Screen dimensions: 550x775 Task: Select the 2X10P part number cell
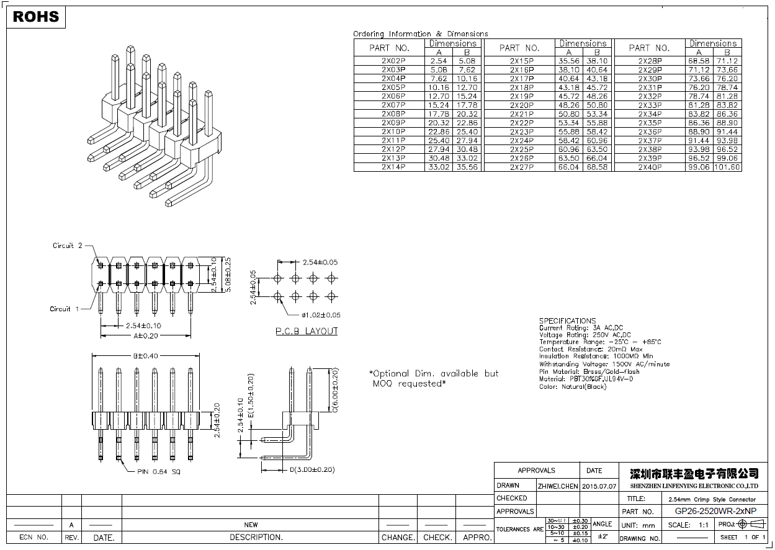point(393,132)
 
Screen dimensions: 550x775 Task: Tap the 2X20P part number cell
point(521,105)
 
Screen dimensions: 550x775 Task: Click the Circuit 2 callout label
point(67,246)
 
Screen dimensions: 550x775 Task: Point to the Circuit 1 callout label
point(65,309)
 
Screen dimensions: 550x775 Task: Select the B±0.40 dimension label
point(145,356)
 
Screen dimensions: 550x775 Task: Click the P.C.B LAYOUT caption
point(307,331)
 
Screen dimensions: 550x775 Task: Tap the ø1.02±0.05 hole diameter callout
point(316,315)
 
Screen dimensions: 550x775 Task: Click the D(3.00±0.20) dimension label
point(312,469)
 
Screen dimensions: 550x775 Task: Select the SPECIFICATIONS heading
point(567,321)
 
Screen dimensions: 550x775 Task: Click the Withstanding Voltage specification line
point(604,364)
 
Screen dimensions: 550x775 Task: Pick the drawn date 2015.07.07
point(599,486)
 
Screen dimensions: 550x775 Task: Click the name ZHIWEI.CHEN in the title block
point(557,486)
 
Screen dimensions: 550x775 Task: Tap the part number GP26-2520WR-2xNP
point(715,512)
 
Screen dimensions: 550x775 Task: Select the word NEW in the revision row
point(251,525)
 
